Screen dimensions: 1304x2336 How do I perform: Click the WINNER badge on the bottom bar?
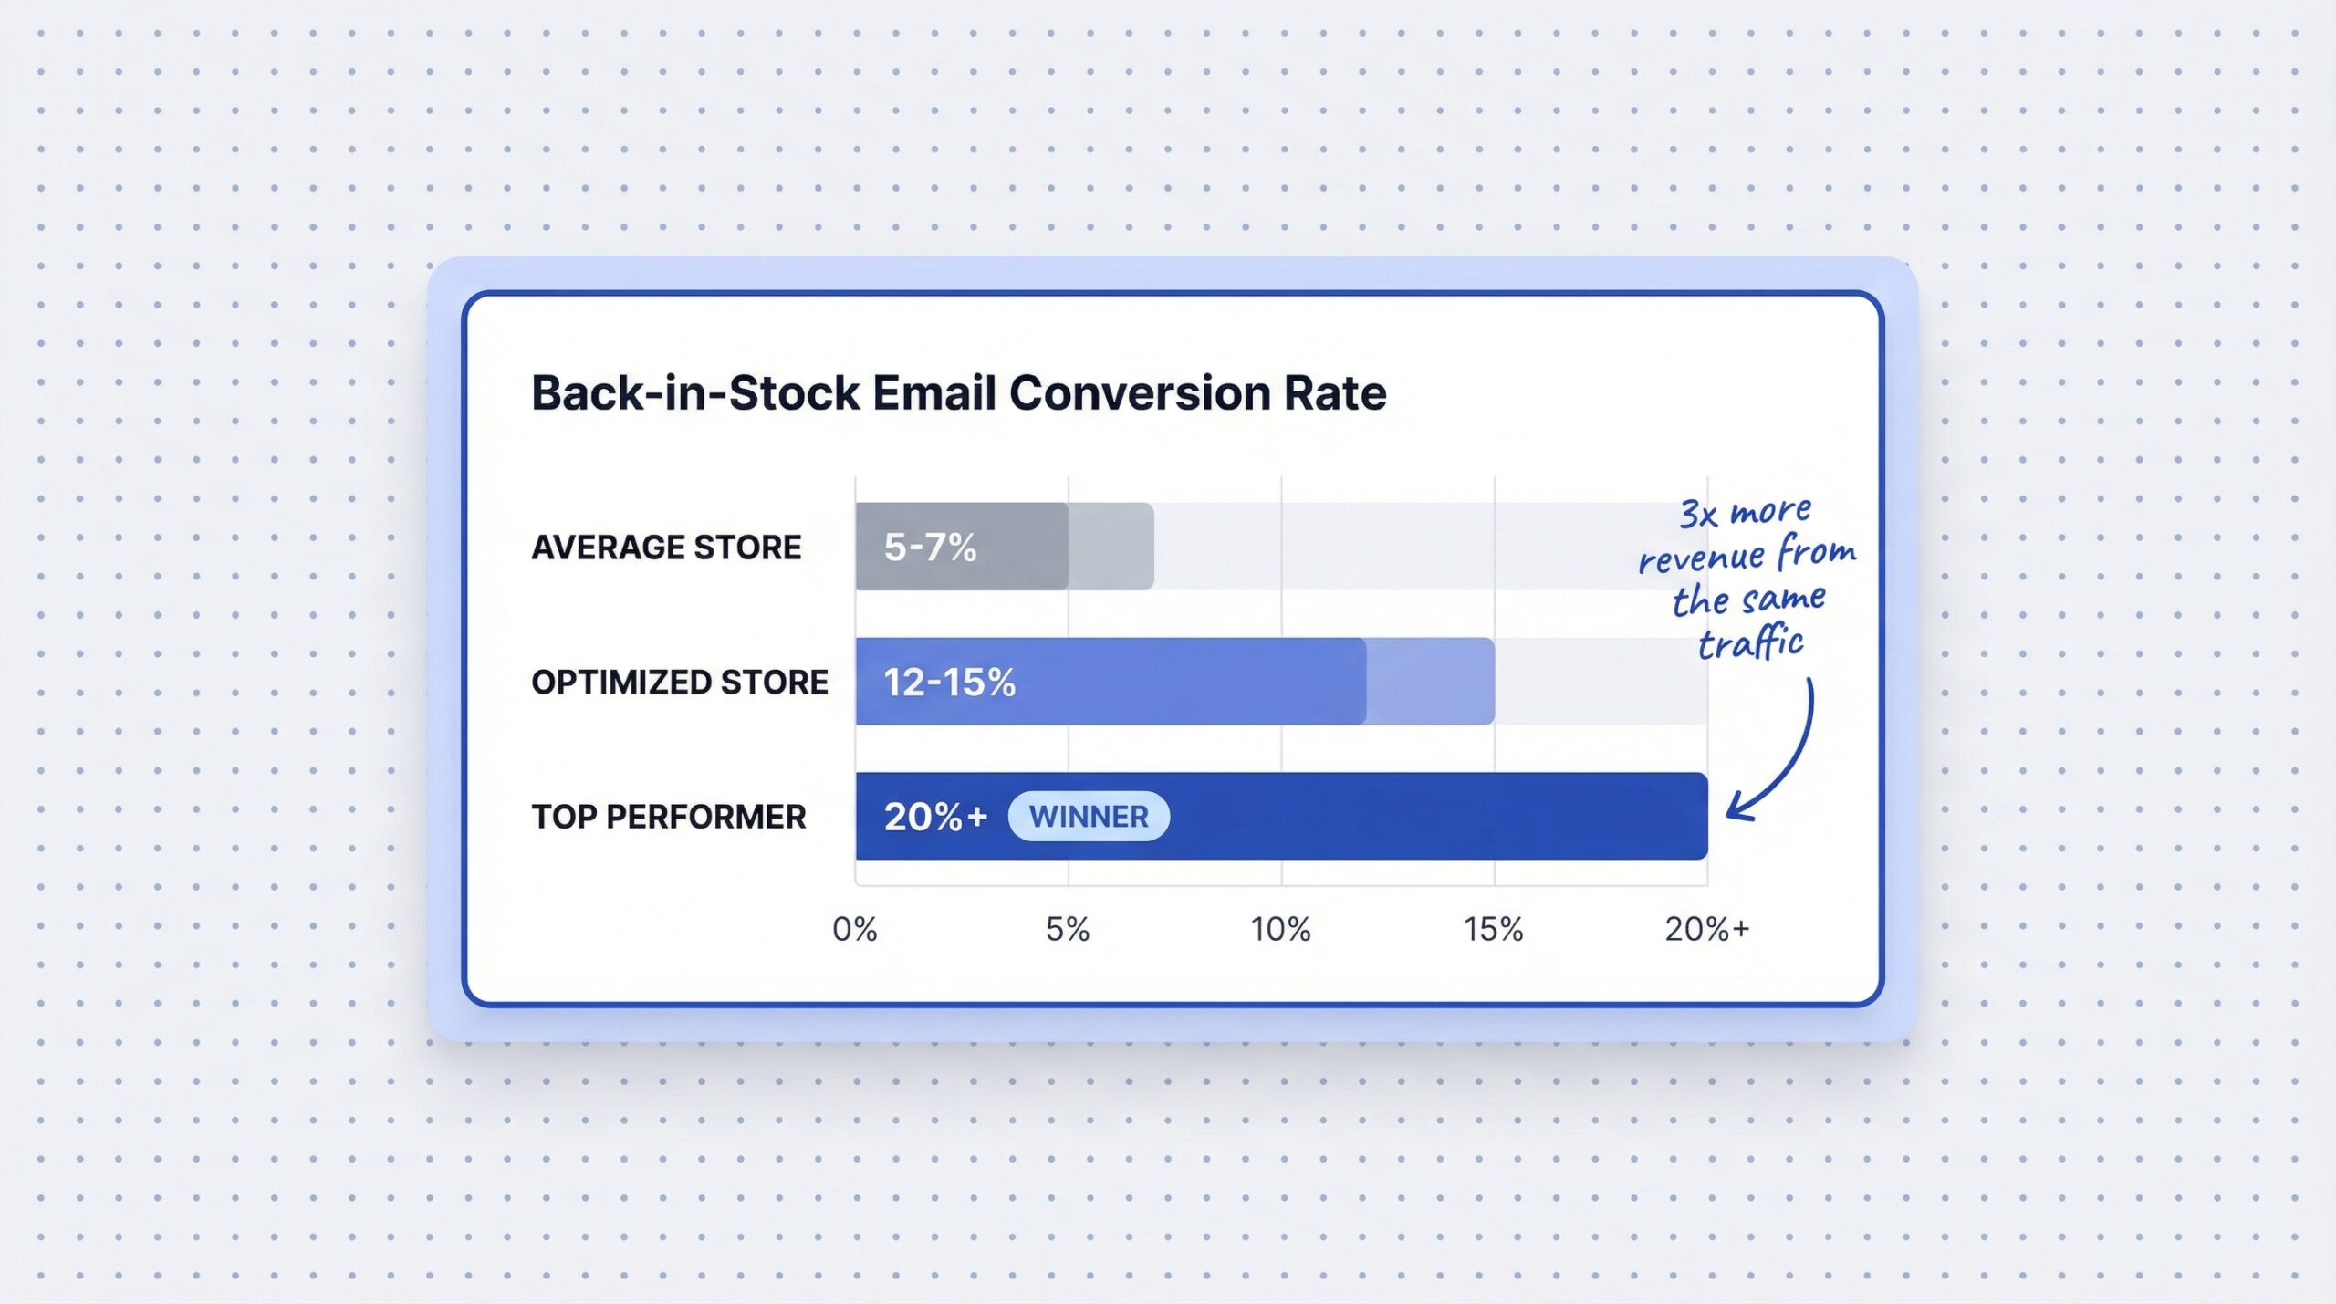[x=1088, y=816]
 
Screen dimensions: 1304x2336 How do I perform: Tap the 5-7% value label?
[x=930, y=548]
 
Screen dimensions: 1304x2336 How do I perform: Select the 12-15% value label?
[x=949, y=683]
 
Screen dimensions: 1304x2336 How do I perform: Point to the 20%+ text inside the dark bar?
[x=934, y=817]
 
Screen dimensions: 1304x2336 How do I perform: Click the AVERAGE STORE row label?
[x=666, y=548]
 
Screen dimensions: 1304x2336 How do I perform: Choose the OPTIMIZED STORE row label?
[x=679, y=683]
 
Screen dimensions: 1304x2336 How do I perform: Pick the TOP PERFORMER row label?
[x=668, y=817]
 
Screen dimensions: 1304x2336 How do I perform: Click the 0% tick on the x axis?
[x=855, y=929]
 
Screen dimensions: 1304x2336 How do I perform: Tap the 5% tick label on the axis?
[x=1068, y=929]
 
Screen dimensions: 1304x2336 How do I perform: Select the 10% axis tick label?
[x=1280, y=929]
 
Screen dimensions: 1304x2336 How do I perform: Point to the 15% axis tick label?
[x=1493, y=929]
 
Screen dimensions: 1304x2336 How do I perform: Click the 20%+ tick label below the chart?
[x=1706, y=929]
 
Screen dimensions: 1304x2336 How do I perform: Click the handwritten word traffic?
[x=1750, y=642]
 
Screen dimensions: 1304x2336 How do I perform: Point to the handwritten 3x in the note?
[x=1699, y=514]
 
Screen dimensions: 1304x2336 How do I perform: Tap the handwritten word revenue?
[x=1701, y=558]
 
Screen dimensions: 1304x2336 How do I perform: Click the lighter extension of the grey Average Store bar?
[x=1111, y=546]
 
